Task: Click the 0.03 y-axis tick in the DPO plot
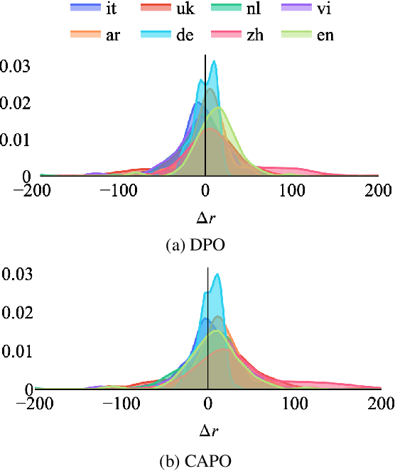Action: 14,67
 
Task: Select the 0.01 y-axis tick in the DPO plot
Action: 14,140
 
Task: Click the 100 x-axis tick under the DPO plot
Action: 291,191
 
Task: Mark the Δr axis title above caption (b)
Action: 207,428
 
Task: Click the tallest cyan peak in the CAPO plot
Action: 217,275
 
